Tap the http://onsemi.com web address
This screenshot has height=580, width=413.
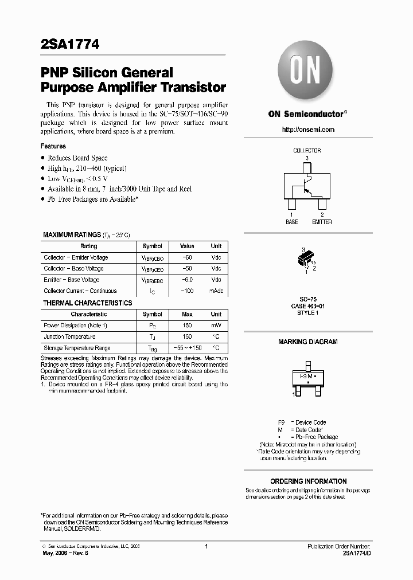tap(308, 130)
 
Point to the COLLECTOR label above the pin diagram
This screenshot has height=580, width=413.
tap(307, 151)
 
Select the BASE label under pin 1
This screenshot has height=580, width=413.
tap(292, 222)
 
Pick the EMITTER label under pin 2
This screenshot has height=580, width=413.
tap(322, 222)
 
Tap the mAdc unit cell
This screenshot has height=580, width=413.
tap(216, 291)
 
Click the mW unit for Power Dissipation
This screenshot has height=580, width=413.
tap(216, 326)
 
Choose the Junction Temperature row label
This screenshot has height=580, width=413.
tap(69, 337)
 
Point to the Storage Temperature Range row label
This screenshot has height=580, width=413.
tap(77, 348)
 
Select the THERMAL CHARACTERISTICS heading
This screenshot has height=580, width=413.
tap(88, 303)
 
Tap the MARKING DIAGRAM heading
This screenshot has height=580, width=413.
tap(308, 342)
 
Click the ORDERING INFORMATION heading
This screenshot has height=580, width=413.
tap(308, 481)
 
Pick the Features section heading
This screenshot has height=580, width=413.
tap(53, 146)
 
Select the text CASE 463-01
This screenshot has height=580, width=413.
tap(308, 305)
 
